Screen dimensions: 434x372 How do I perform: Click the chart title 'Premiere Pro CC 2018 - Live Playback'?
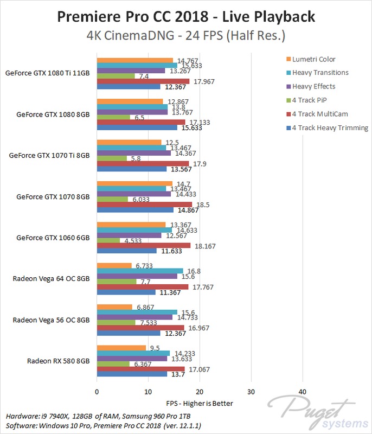186,16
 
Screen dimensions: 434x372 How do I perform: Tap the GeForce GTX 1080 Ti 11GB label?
47,73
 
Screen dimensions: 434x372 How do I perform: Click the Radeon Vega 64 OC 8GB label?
52,278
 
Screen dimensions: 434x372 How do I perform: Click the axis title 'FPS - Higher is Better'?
200,403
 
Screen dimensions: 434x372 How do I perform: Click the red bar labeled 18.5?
144,204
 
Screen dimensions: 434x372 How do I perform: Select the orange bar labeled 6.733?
114,265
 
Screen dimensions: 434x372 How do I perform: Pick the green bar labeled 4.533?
108,240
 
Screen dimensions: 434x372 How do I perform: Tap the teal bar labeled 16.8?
140,271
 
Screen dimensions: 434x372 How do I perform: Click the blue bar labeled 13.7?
132,374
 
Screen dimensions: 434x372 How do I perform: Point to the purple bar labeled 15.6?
137,276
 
